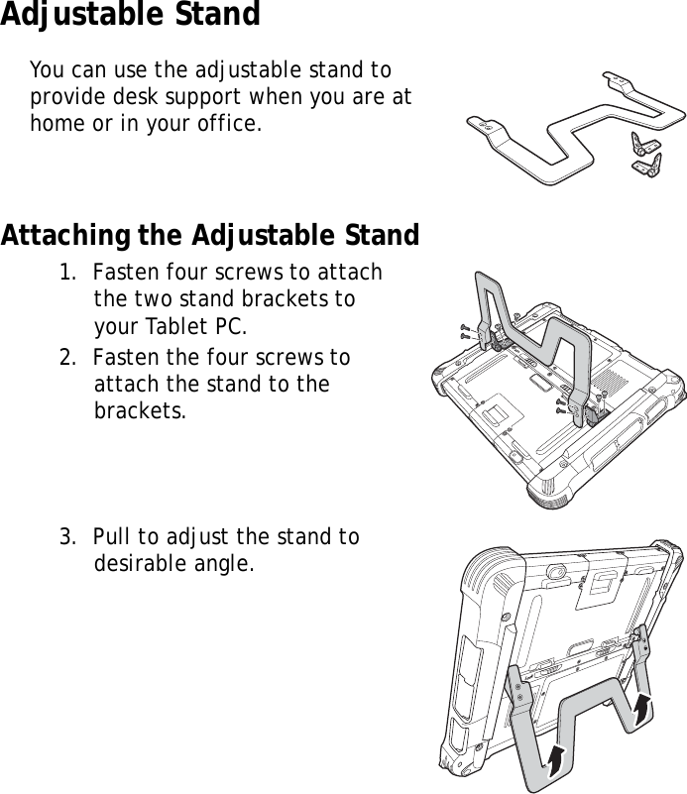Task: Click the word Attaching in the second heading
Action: (61, 237)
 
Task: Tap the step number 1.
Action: (64, 273)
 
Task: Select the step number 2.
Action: (64, 357)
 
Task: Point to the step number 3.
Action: (64, 537)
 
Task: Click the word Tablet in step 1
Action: (172, 326)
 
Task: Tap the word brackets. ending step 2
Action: (140, 409)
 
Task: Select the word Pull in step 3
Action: (113, 537)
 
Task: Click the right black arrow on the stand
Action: (643, 706)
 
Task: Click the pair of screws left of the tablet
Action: (466, 331)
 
